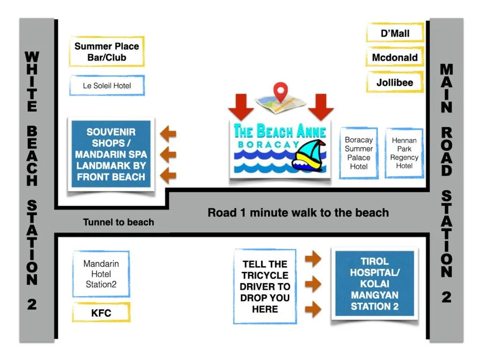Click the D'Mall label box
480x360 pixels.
[395, 33]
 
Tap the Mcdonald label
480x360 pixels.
[395, 58]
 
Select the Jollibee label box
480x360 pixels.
[395, 82]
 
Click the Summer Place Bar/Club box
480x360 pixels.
[107, 52]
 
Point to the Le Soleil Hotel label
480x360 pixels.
[107, 86]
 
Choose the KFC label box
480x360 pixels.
[101, 313]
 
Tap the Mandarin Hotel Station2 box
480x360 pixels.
[101, 274]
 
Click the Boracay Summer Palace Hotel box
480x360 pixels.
[359, 153]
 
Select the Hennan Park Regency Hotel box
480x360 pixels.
[404, 153]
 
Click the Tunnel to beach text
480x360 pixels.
[119, 222]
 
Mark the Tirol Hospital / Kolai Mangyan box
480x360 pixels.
[375, 284]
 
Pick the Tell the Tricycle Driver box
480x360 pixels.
[265, 286]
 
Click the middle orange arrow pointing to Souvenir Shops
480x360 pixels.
[168, 154]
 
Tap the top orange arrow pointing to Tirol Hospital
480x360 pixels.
[313, 259]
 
